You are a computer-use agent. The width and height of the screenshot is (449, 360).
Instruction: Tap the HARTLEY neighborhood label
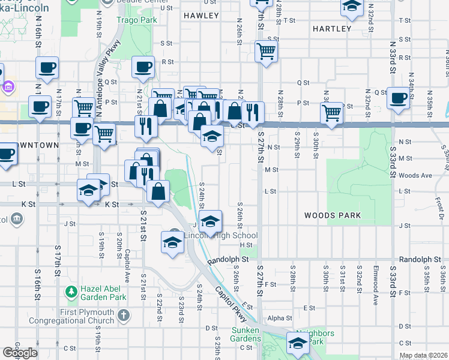tap(332, 28)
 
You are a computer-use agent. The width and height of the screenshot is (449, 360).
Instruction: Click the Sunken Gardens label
tap(246, 334)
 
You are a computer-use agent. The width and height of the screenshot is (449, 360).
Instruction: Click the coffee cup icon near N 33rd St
tap(399, 98)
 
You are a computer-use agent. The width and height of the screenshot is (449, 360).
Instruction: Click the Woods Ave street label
tap(415, 175)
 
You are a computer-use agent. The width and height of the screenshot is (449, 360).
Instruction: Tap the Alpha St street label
tap(280, 318)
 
